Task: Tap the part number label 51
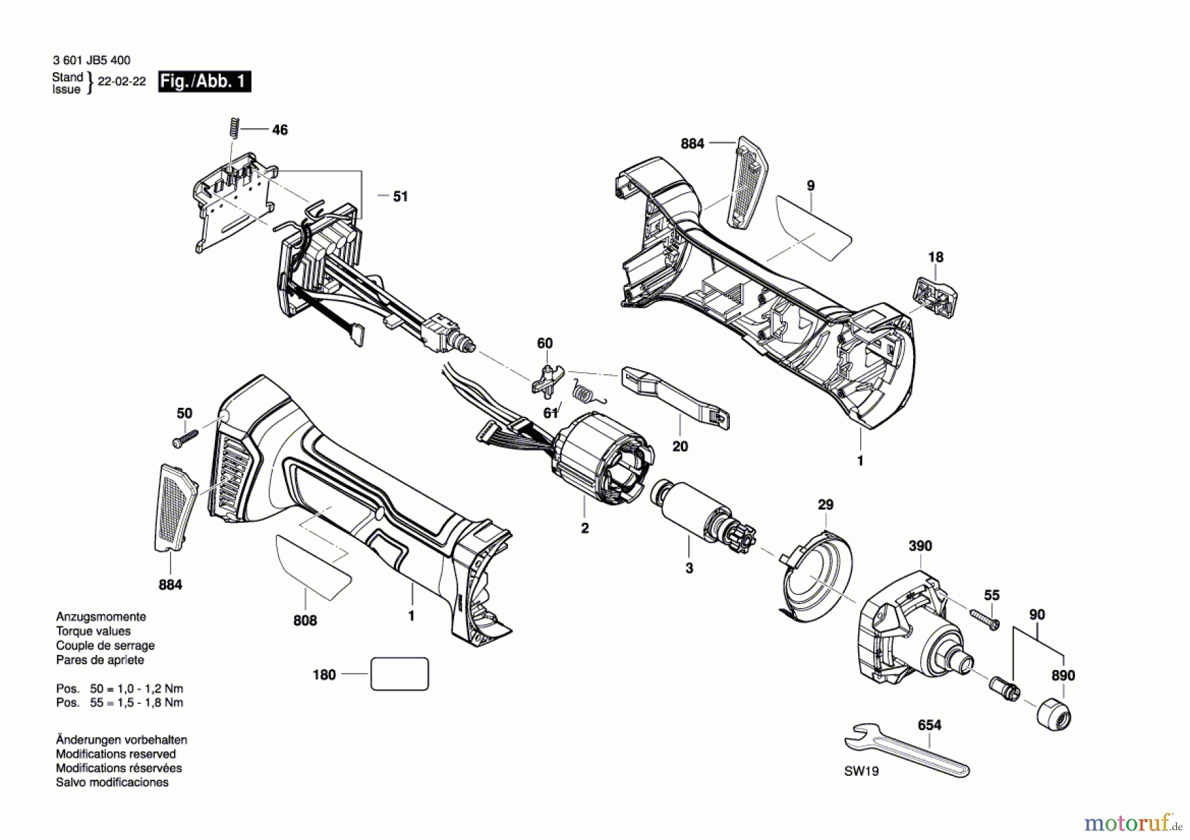pos(400,196)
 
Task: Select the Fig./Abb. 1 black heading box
pos(204,82)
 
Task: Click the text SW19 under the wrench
pos(861,771)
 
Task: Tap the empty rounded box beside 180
pos(399,674)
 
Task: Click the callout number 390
pos(920,546)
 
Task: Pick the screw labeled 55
pos(985,619)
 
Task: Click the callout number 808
pos(305,621)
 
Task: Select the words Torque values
pos(93,631)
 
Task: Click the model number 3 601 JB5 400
pos(91,60)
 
